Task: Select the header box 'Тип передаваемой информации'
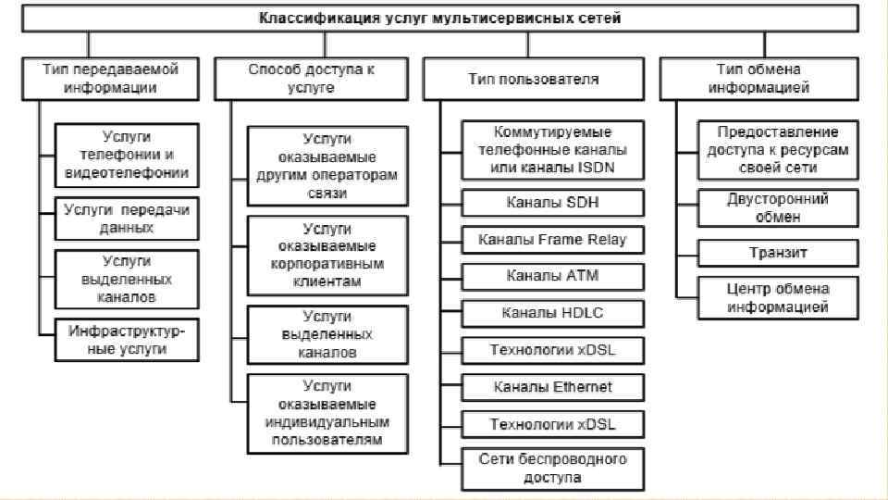click(x=110, y=79)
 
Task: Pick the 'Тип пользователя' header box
click(x=534, y=79)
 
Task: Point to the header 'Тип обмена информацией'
click(x=758, y=79)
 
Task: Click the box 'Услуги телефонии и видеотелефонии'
click(x=127, y=154)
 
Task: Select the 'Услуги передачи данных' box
click(x=127, y=219)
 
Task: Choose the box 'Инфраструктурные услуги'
click(x=127, y=340)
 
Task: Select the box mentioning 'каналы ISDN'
click(x=552, y=150)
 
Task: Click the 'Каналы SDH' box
click(x=552, y=202)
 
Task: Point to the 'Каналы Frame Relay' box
click(x=552, y=240)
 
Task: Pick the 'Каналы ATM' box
click(x=552, y=276)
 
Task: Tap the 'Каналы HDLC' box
click(x=552, y=313)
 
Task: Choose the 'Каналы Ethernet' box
click(x=552, y=387)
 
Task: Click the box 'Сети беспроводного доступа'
click(x=552, y=469)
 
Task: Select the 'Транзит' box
click(x=777, y=253)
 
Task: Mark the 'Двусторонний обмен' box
click(x=777, y=208)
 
